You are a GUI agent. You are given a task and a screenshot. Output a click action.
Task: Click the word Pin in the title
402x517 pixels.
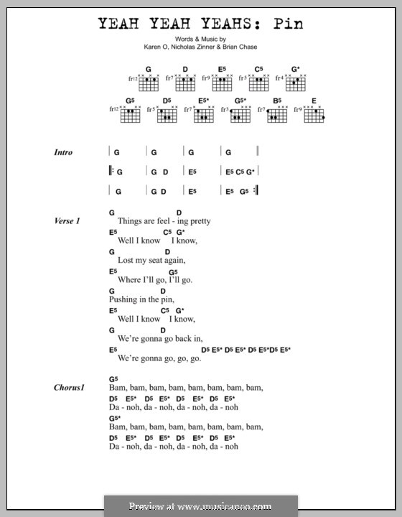286,23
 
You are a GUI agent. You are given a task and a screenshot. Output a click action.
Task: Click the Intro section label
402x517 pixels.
63,152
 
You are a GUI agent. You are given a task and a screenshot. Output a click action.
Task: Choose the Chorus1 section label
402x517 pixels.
69,388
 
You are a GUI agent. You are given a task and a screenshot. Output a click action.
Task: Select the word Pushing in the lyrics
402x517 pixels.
126,299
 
